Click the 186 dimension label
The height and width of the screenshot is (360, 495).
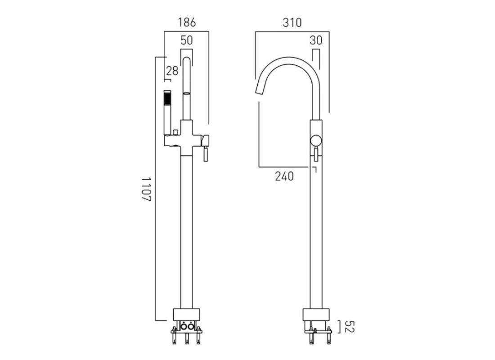pyautogui.click(x=187, y=22)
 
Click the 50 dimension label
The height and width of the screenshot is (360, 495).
pyautogui.click(x=186, y=40)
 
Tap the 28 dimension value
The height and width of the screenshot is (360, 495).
pyautogui.click(x=172, y=71)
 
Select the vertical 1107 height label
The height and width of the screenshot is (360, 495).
pyautogui.click(x=147, y=189)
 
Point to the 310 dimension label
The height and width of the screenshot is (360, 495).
pyautogui.click(x=292, y=22)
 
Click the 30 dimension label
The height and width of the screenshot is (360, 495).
pyautogui.click(x=316, y=40)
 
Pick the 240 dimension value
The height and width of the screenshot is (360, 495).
pyautogui.click(x=284, y=176)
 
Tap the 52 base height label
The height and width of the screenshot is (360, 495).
pyautogui.click(x=351, y=327)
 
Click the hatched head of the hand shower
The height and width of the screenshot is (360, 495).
pyautogui.click(x=167, y=98)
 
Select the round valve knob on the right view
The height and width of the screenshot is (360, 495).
pyautogui.click(x=316, y=140)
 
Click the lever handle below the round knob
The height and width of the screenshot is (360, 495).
pyautogui.click(x=317, y=154)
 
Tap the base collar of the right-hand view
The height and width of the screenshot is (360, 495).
pyautogui.click(x=317, y=315)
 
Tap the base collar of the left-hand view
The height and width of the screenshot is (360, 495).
pyautogui.click(x=186, y=315)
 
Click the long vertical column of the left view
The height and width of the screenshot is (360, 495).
pyautogui.click(x=186, y=225)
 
